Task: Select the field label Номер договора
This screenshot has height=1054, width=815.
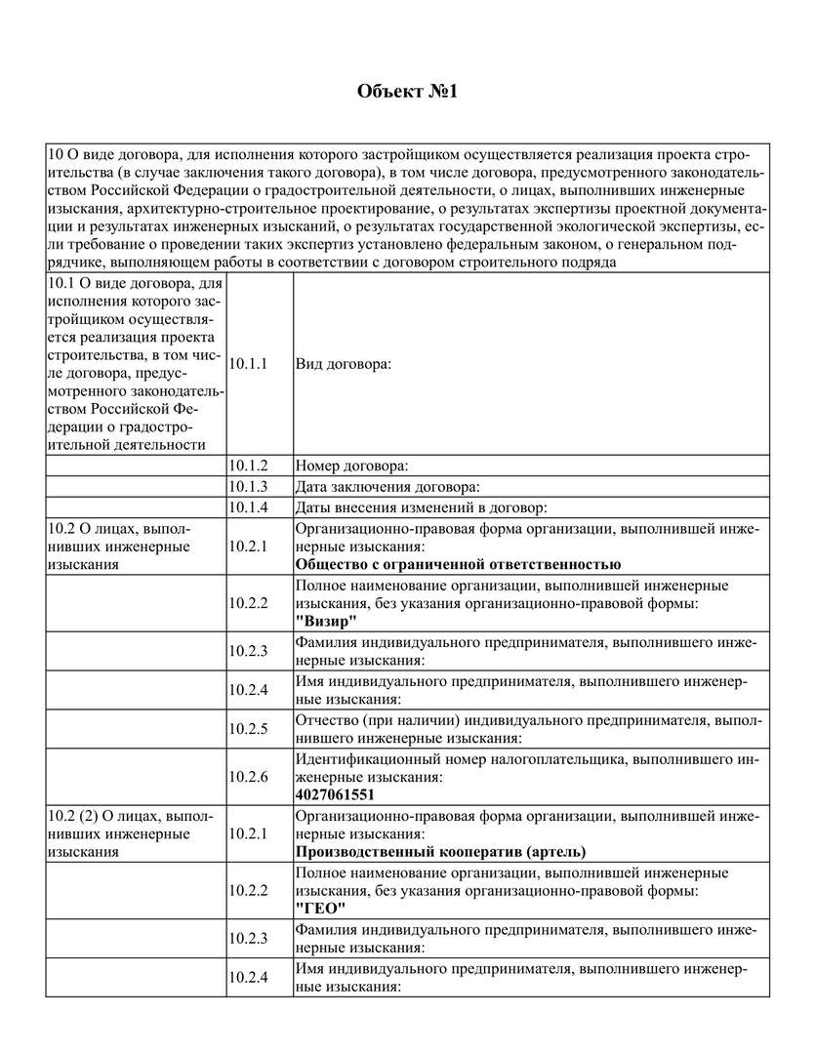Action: [x=351, y=466]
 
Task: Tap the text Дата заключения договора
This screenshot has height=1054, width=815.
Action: [x=387, y=486]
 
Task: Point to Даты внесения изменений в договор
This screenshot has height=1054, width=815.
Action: [x=420, y=507]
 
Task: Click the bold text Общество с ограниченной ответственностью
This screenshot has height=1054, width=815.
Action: [x=458, y=564]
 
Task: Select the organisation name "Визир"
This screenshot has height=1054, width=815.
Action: [x=326, y=622]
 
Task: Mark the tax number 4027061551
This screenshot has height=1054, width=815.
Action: [x=335, y=794]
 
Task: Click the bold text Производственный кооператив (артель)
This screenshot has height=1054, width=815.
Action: [x=441, y=851]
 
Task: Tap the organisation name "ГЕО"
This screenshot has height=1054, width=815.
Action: [x=320, y=909]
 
